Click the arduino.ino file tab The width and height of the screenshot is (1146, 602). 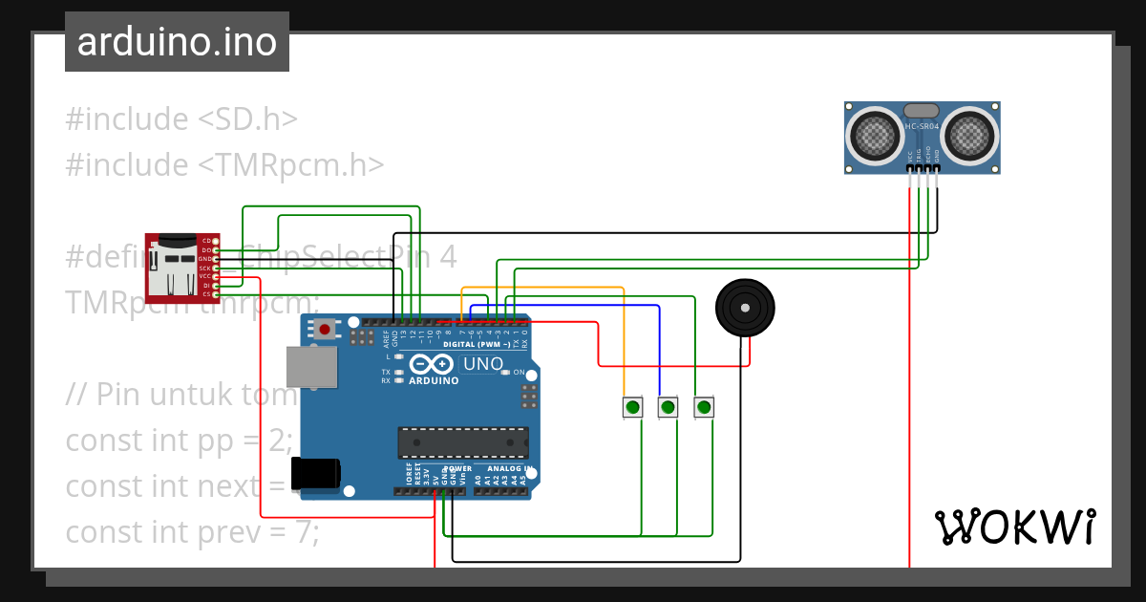coord(177,42)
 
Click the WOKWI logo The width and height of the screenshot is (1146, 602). coord(1014,527)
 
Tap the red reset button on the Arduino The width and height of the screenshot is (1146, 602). coord(326,330)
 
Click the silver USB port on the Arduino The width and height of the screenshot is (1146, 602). coord(312,367)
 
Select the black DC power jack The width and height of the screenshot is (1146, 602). coord(315,473)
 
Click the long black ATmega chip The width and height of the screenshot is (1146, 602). coord(463,442)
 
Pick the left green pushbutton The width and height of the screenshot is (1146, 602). coord(632,408)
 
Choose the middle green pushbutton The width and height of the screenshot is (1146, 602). coord(668,408)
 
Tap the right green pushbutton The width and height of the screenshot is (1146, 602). coord(704,408)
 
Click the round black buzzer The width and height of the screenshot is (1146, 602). coord(745,308)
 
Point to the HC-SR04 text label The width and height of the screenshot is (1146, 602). coord(922,126)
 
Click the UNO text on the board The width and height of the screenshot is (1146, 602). coord(482,364)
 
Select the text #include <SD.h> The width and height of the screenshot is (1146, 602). coord(181,119)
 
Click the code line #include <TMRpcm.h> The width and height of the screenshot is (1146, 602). coord(224,165)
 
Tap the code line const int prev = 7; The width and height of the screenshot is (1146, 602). coord(192,531)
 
